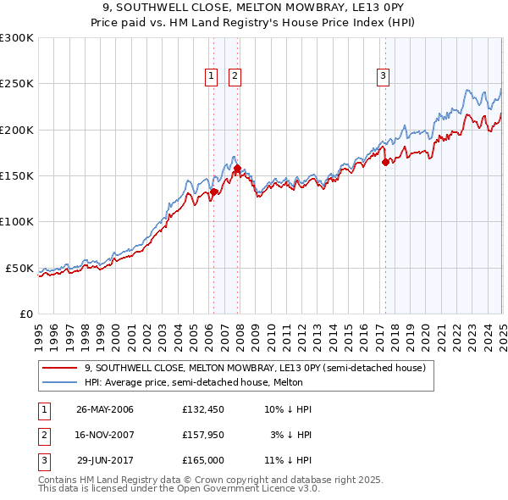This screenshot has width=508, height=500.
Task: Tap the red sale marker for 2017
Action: coord(385,162)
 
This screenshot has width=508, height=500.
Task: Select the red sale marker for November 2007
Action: coord(236,168)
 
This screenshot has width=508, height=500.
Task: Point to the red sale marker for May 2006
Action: coord(213,192)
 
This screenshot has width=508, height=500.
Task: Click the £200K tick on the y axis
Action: coord(17,130)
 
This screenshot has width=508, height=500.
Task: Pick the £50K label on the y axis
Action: coord(19,268)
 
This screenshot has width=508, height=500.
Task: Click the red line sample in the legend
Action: coord(60,368)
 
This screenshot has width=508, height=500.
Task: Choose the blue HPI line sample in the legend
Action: coord(60,382)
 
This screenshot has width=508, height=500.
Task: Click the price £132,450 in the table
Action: coord(201,409)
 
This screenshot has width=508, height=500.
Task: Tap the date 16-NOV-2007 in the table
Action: coord(105,436)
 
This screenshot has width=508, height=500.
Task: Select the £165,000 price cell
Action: coord(201,462)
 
